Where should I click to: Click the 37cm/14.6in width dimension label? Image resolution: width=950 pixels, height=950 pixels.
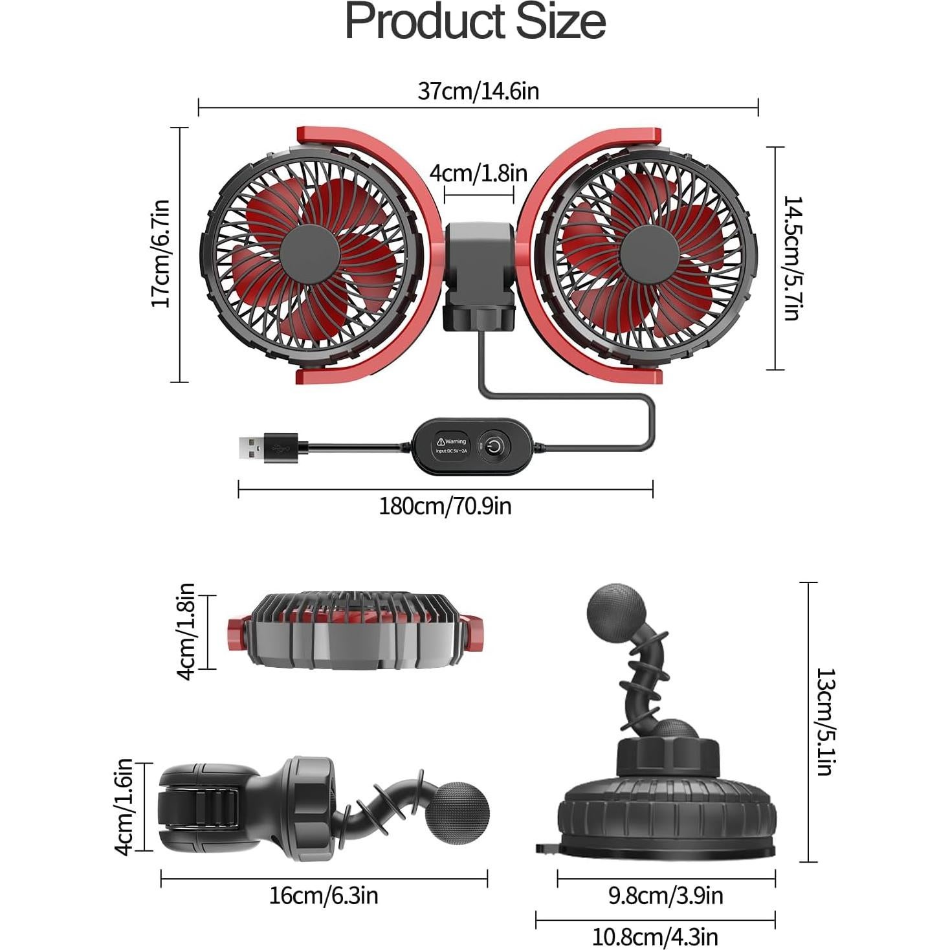click(x=478, y=91)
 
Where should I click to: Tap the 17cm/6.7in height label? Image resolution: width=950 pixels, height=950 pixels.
click(x=160, y=254)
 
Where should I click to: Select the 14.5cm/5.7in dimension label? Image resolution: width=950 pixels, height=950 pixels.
click(x=791, y=258)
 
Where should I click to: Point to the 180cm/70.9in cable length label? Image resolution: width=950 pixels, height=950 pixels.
click(x=445, y=505)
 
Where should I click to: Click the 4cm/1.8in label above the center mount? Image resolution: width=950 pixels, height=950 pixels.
click(x=478, y=173)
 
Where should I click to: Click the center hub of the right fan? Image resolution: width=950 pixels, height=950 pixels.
click(x=650, y=254)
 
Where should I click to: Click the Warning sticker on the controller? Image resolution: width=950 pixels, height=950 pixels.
click(x=452, y=445)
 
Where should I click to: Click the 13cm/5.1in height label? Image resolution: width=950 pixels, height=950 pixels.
click(x=825, y=722)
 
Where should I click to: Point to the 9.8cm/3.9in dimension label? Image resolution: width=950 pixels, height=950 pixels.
click(x=665, y=896)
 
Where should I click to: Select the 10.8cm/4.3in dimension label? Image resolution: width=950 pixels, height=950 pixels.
click(x=655, y=936)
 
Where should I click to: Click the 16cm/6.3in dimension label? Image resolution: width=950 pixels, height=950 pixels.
click(x=324, y=896)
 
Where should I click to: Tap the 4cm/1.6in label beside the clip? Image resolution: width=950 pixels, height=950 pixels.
click(x=124, y=806)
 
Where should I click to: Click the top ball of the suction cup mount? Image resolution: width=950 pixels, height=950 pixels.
click(x=616, y=612)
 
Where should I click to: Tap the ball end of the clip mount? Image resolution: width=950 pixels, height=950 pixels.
click(x=459, y=814)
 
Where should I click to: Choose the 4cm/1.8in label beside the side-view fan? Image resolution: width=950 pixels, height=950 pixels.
click(x=186, y=631)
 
